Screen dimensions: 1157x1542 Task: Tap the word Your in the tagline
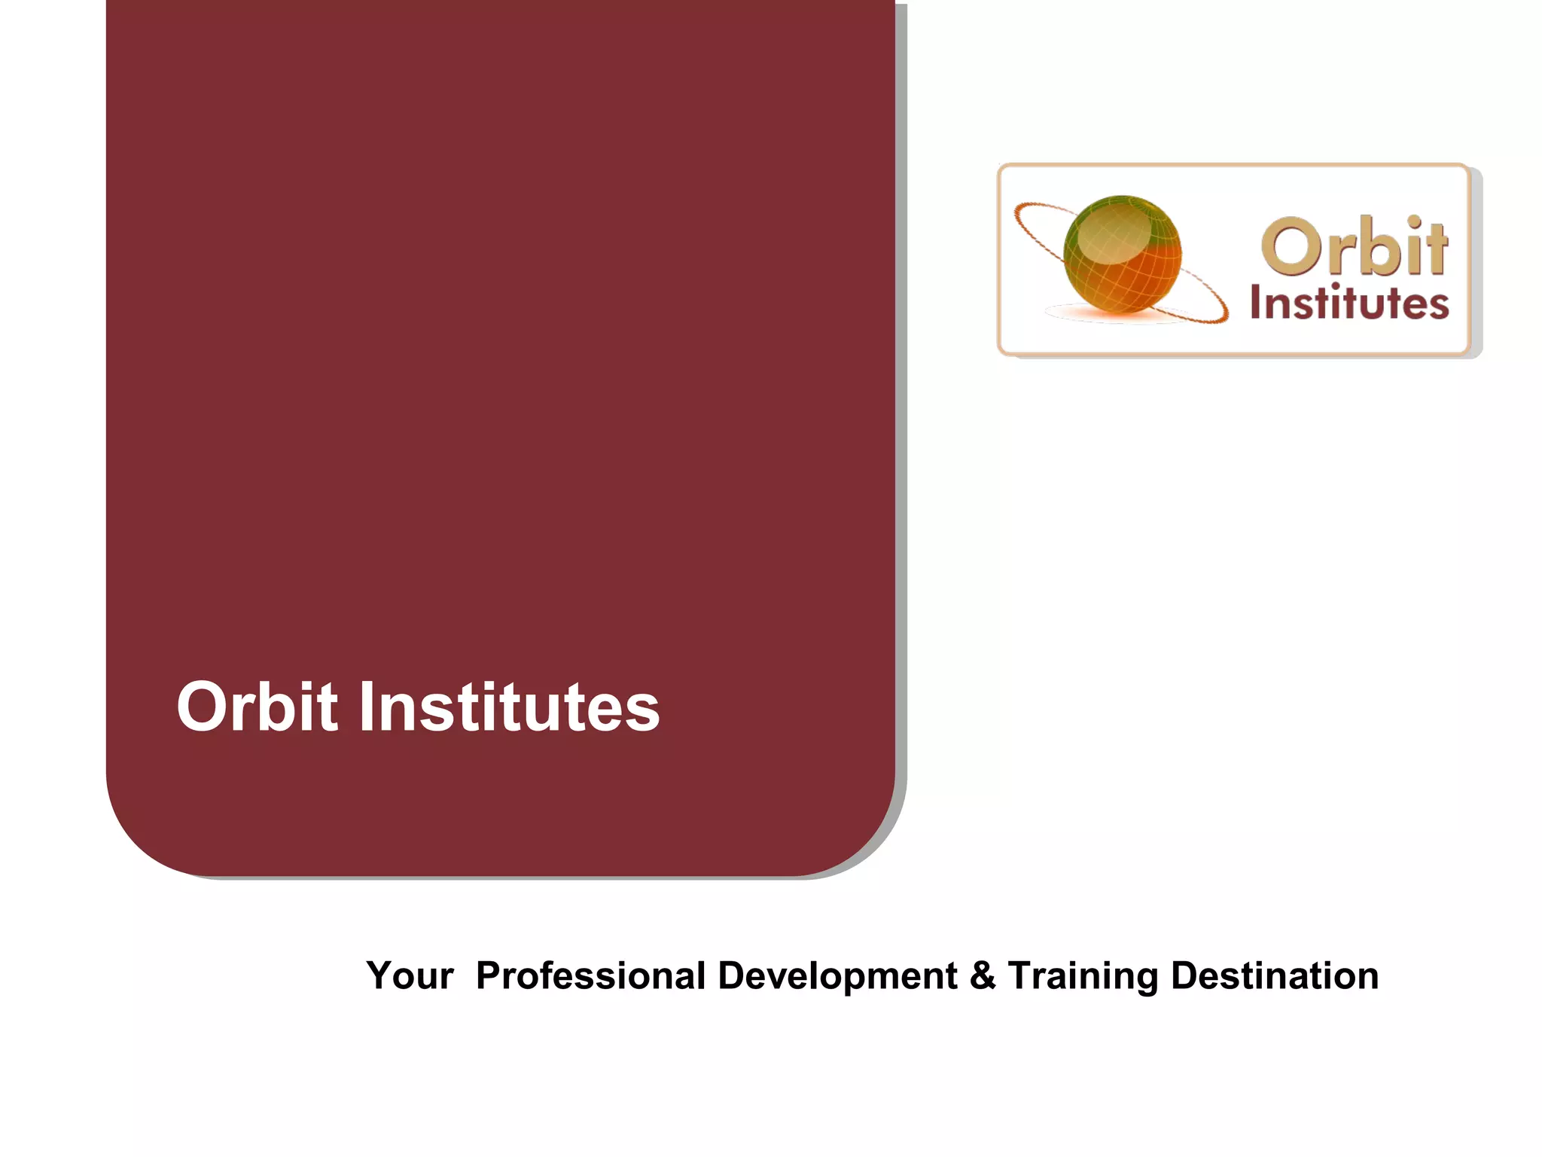click(x=410, y=975)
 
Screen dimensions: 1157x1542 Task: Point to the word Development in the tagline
click(x=837, y=975)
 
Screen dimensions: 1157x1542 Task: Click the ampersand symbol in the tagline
click(x=983, y=975)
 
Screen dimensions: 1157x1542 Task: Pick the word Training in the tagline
click(x=1083, y=975)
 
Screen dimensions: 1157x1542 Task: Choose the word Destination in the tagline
click(x=1275, y=975)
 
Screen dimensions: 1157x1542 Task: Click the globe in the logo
click(x=1122, y=256)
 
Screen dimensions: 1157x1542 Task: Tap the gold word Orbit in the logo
click(x=1354, y=246)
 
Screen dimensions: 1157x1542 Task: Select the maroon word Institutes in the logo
click(x=1349, y=304)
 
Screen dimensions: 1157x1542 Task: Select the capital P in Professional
click(x=491, y=975)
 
